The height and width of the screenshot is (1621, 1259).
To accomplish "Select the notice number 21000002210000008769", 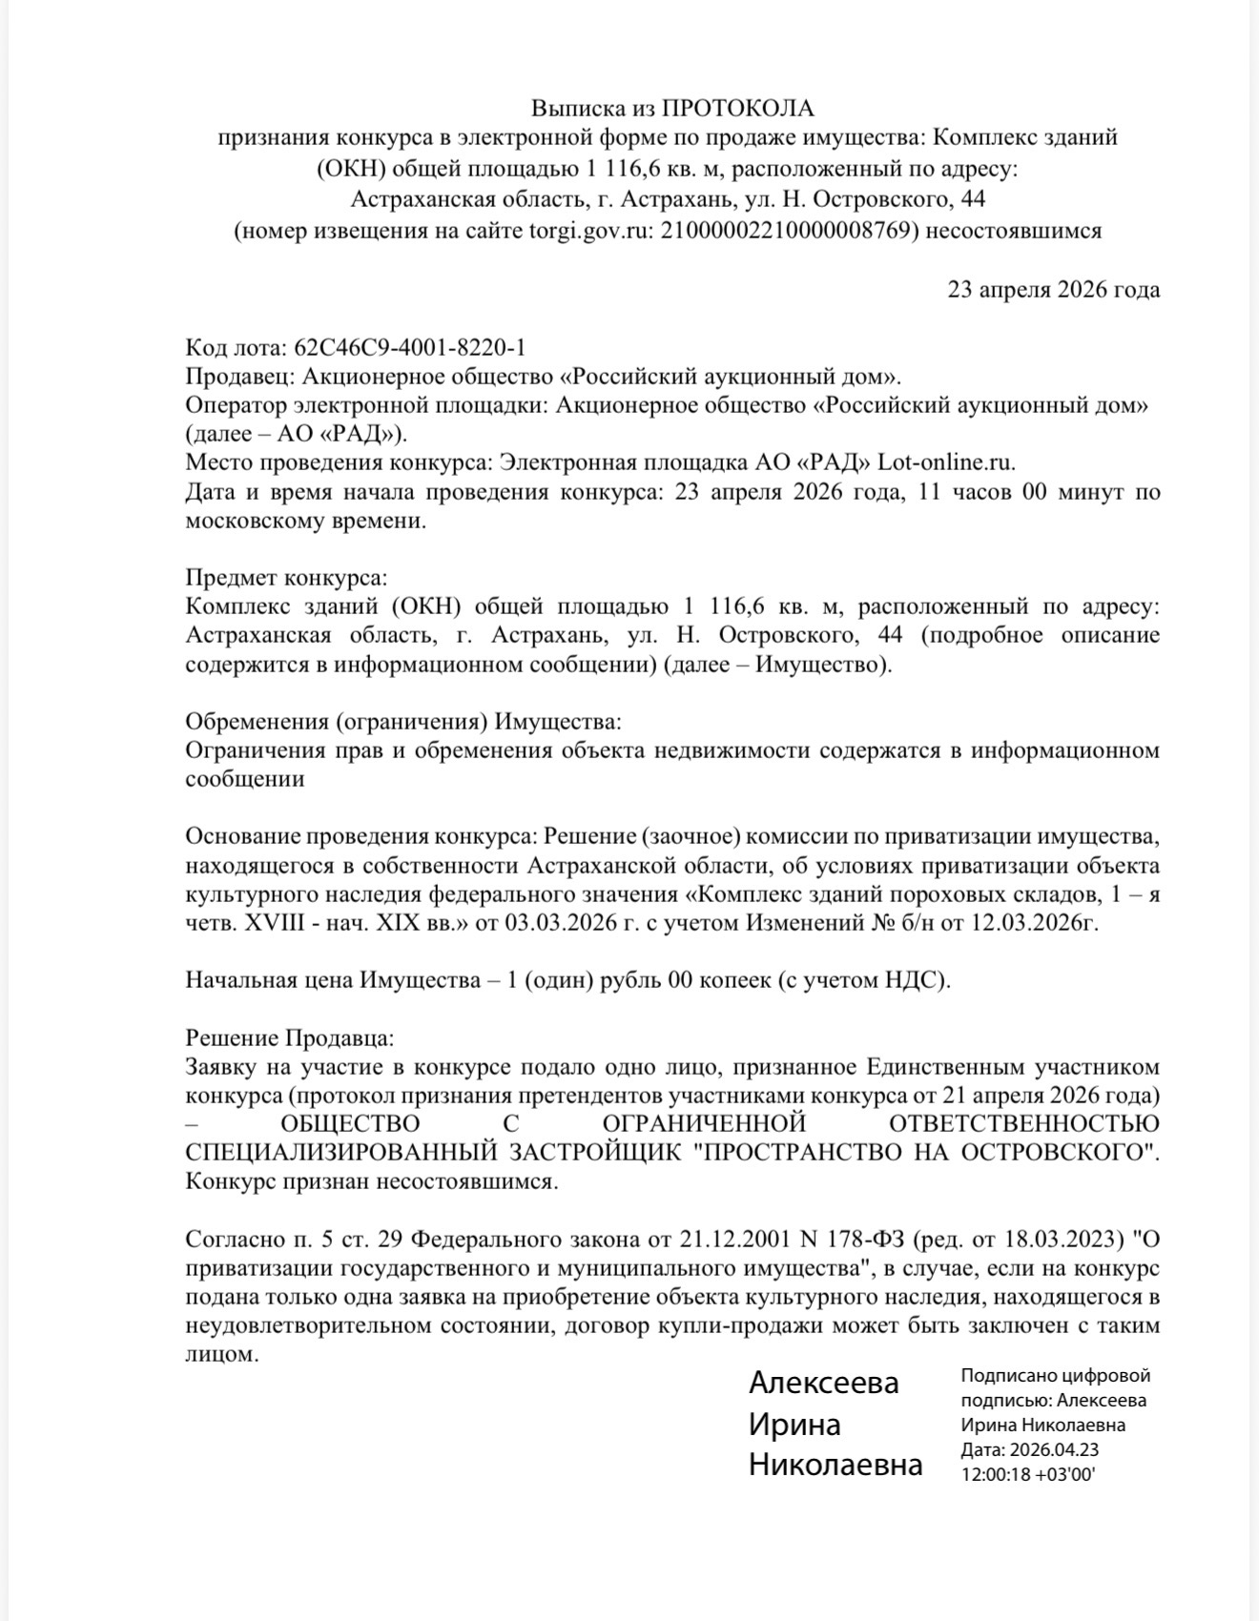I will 790,231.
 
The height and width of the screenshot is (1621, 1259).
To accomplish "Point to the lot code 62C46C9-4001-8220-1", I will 410,347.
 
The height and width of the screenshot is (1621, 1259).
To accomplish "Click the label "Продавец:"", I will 241,376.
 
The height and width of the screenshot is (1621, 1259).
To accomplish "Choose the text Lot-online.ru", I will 946,463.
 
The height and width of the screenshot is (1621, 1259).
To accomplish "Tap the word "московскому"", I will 253,522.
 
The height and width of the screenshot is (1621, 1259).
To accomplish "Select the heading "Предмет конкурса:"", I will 286,578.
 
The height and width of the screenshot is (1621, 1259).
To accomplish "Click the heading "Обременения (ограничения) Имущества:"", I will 402,721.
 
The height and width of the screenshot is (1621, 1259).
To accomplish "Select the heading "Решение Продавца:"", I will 289,1037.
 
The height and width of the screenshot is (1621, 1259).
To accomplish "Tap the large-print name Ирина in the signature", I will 795,1425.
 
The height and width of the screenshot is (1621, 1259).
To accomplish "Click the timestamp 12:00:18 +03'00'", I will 1028,1474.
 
